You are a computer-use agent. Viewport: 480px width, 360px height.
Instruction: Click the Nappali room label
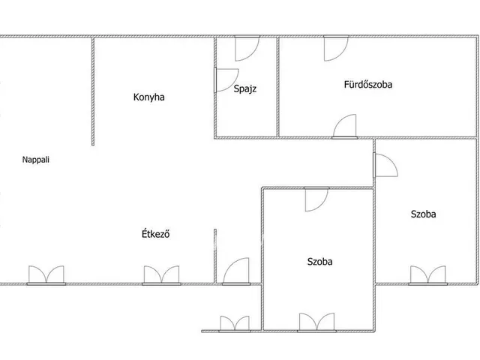[36, 160]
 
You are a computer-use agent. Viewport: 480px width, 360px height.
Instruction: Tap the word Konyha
[148, 97]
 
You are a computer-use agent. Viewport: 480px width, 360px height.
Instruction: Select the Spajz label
[245, 88]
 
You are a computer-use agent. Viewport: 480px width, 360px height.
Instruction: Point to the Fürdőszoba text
[368, 84]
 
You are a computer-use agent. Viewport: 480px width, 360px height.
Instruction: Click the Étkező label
[155, 234]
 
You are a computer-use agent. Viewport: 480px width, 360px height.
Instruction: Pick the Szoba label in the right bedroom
[423, 214]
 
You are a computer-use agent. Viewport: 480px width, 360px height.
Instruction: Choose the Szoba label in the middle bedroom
[320, 262]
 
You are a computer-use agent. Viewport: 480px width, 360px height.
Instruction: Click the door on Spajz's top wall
[247, 48]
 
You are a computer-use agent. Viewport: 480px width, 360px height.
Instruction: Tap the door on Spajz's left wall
[226, 80]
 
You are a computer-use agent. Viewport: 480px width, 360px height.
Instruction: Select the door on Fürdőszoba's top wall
[336, 48]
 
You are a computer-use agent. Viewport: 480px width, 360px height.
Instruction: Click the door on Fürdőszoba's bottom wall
[345, 127]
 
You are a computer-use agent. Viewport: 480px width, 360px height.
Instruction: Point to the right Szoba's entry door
[385, 165]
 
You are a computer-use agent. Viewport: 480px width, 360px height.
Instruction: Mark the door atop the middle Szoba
[316, 199]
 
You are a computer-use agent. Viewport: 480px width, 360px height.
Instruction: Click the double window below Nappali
[46, 275]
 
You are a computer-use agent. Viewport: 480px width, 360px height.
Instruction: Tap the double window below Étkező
[162, 275]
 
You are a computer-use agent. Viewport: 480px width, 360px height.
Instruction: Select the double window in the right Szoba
[428, 275]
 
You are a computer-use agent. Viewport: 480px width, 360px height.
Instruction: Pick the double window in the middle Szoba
[316, 322]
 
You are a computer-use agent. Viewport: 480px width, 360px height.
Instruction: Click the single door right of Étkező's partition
[236, 271]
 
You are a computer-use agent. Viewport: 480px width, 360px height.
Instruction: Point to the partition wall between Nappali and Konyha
[93, 91]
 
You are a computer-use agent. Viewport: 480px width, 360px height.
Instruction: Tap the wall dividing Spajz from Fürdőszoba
[278, 87]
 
